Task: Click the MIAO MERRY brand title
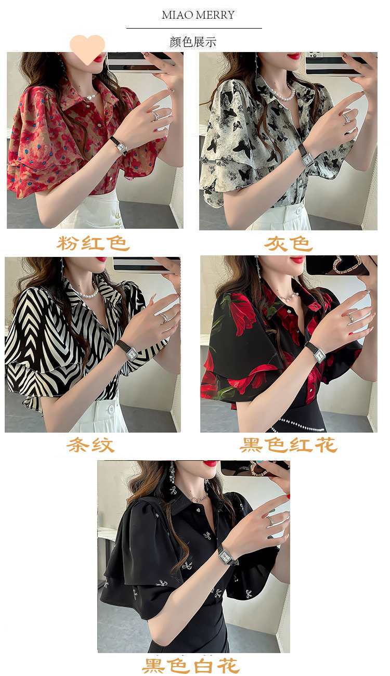(198, 15)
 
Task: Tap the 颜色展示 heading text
(193, 42)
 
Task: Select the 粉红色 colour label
(93, 243)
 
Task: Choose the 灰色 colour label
(288, 243)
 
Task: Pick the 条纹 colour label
(90, 445)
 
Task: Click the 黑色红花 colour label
(288, 445)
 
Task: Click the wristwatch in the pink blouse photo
(120, 146)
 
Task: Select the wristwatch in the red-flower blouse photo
(316, 353)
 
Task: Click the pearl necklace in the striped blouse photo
(86, 294)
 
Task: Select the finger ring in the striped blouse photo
(164, 317)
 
